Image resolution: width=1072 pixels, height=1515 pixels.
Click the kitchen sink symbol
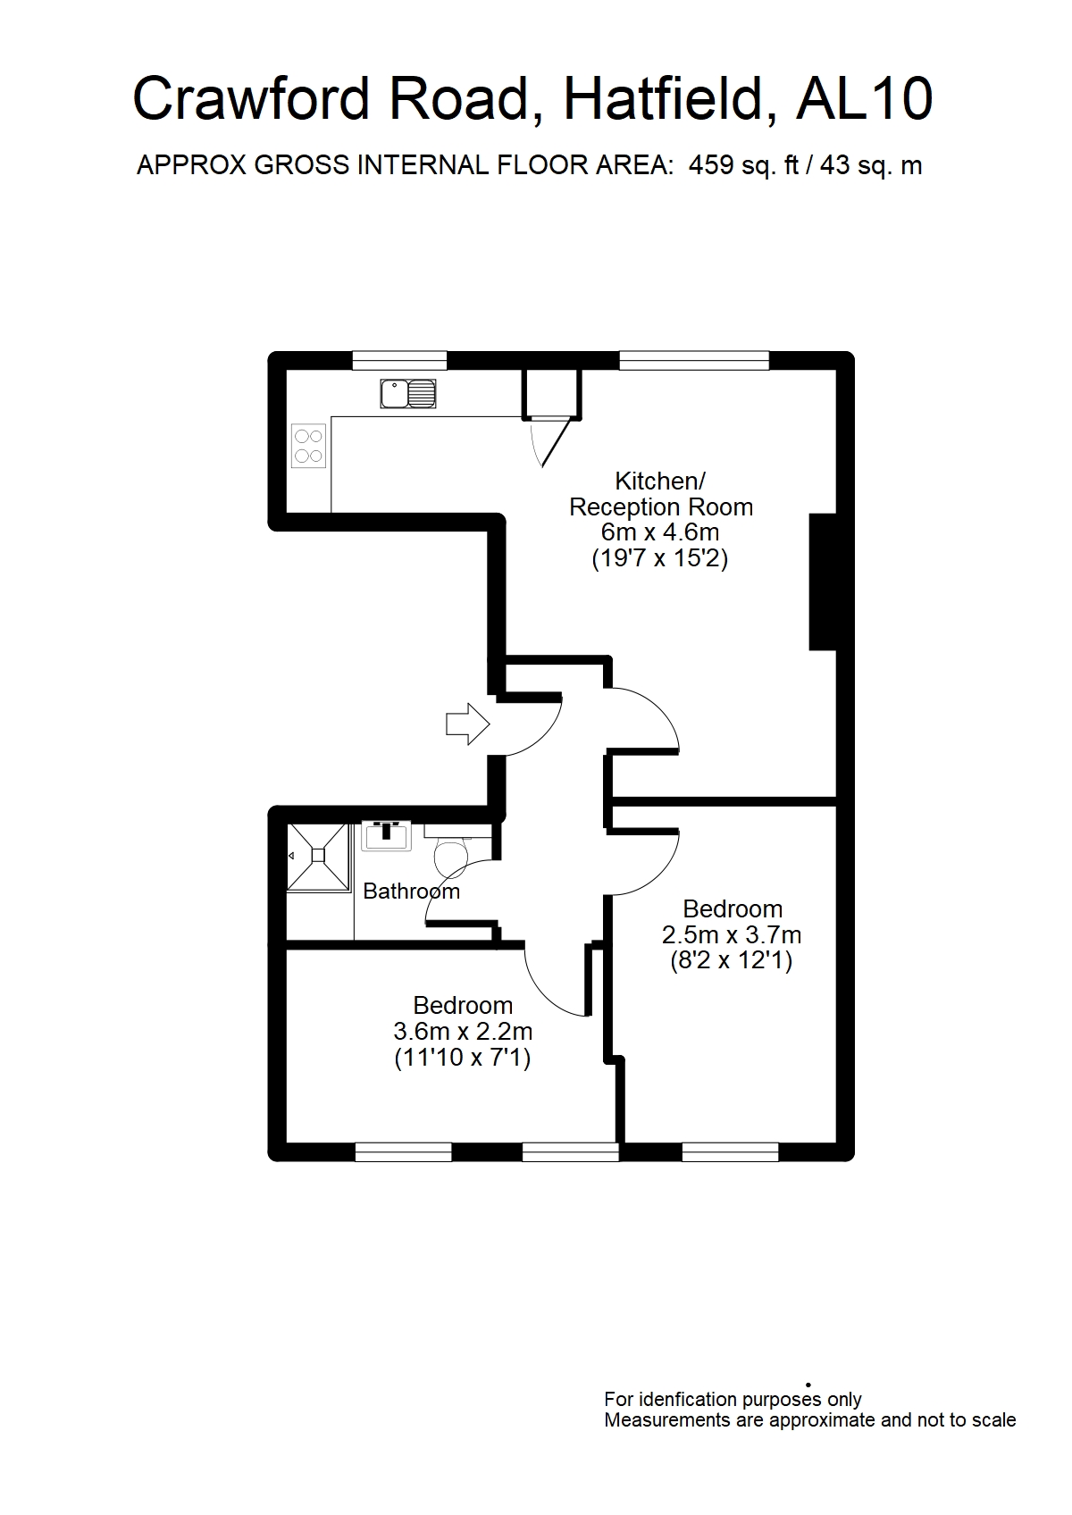408,394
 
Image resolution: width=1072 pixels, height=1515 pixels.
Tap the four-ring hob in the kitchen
308,446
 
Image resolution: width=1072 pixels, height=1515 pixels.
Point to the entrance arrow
467,724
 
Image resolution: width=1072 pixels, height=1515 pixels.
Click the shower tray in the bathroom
318,857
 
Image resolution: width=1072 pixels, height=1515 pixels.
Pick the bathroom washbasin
386,835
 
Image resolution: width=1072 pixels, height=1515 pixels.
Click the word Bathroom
411,891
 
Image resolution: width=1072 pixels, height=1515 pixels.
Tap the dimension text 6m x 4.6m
660,532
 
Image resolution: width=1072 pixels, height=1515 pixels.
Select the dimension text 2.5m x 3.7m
731,935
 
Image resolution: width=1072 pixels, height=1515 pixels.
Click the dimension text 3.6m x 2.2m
463,1032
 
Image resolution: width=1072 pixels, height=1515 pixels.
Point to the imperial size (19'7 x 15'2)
660,558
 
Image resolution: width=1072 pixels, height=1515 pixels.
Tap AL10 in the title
865,99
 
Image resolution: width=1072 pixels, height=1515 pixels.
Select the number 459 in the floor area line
711,165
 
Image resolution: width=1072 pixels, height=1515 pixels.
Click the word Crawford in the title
252,99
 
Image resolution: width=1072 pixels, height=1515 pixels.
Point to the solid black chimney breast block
823,582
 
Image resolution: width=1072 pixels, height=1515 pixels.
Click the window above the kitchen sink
399,361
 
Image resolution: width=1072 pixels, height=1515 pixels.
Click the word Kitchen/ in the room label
660,481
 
